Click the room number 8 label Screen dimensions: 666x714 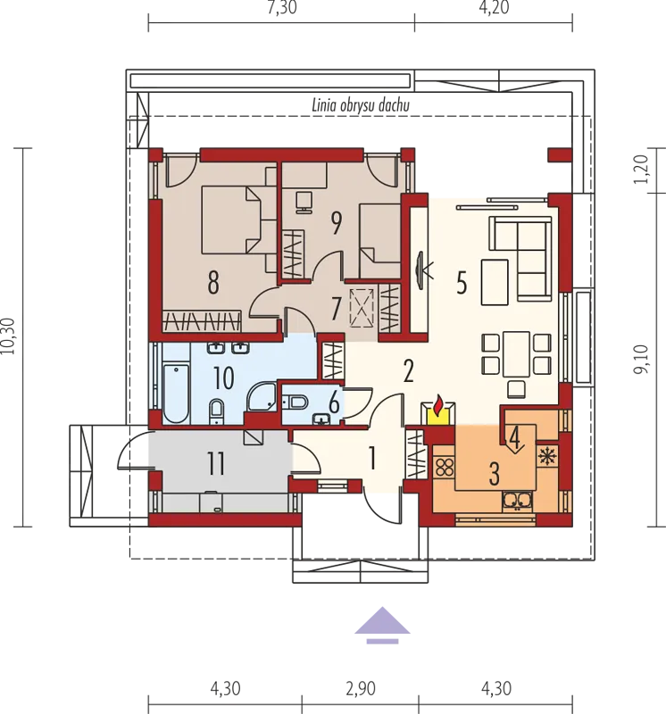[x=213, y=282]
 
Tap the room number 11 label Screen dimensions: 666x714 [x=216, y=463]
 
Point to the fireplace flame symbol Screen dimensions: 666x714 [x=437, y=406]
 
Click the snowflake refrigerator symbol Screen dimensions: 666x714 [x=546, y=455]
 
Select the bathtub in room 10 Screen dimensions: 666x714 [x=176, y=393]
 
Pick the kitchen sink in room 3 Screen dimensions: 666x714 [x=517, y=501]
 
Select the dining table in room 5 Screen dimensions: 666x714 [x=516, y=353]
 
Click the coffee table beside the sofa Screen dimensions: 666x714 [x=495, y=282]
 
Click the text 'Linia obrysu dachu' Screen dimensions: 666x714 [x=361, y=105]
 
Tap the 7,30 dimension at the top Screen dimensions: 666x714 [x=282, y=8]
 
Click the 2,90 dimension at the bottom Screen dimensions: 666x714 [x=361, y=688]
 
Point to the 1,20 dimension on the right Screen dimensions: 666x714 [x=641, y=169]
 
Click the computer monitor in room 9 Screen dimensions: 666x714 [x=304, y=202]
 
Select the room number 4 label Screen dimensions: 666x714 [x=514, y=437]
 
